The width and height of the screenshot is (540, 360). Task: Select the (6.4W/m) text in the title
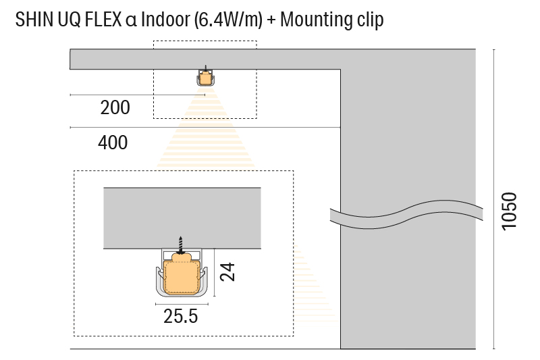pos(226,20)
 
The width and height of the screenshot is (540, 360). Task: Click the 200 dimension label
pos(115,107)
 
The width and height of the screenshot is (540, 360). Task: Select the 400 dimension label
pos(113,143)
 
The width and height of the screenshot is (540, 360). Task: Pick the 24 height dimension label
pos(228,272)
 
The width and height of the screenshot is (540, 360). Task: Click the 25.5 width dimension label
pos(181,316)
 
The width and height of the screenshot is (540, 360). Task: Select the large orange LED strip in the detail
pos(182,274)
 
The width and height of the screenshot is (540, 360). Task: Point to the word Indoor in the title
pos(166,20)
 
